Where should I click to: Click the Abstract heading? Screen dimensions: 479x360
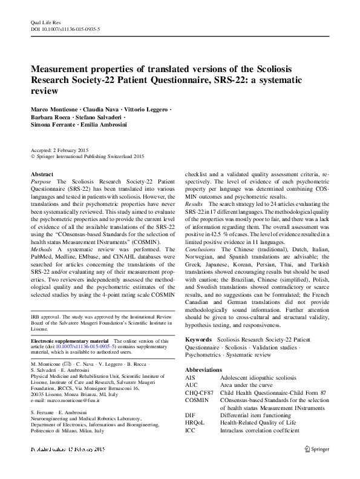42,174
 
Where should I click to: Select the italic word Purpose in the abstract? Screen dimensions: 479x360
41,181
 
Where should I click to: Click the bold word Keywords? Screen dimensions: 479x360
198,340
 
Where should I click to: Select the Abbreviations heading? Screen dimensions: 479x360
204,369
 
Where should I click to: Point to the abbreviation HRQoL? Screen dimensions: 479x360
195,423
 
